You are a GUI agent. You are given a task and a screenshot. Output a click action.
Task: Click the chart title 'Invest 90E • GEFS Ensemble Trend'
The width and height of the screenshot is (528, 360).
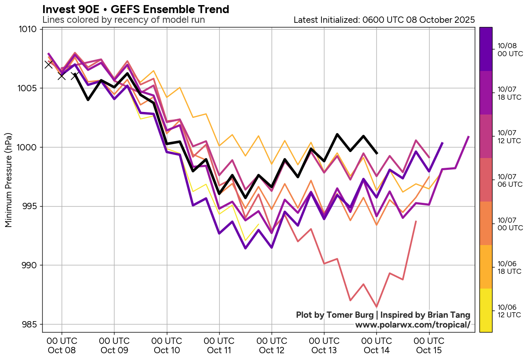point(136,9)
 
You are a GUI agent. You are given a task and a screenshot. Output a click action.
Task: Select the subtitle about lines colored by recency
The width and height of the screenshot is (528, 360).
point(123,20)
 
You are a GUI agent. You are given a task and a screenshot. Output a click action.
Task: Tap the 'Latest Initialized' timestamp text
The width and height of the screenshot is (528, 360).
point(384,20)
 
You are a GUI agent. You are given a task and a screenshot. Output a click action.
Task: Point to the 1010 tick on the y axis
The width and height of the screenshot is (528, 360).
point(30,29)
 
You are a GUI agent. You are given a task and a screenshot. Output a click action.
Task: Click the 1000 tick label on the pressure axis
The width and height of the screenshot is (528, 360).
point(30,147)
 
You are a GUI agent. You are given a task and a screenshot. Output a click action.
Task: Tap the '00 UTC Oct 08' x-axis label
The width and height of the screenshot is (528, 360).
point(62,345)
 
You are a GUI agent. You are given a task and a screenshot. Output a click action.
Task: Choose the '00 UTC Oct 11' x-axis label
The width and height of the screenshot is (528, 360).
point(219,345)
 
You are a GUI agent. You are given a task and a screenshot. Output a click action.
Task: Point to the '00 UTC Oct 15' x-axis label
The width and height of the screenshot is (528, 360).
point(429,345)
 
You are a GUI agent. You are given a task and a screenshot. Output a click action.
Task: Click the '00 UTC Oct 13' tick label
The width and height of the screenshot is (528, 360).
point(324,345)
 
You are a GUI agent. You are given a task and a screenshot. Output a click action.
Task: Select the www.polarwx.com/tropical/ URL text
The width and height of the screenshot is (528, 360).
point(412,325)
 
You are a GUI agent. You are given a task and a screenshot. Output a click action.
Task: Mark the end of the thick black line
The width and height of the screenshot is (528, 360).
point(377,153)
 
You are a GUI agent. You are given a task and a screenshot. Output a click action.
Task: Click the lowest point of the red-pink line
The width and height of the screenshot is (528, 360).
point(376,307)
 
